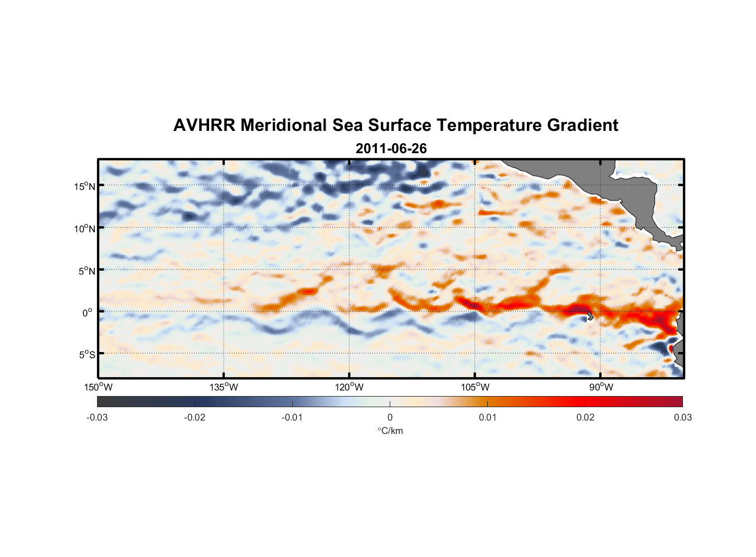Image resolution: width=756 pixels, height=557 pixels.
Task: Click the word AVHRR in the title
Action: (204, 125)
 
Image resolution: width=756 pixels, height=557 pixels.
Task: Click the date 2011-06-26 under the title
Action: (391, 149)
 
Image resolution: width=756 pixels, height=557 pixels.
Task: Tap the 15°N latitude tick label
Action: (85, 186)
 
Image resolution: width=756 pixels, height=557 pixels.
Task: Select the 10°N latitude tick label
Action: (85, 228)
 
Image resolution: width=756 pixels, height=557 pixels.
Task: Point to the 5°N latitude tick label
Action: (87, 271)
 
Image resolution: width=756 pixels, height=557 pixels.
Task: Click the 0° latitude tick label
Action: (88, 312)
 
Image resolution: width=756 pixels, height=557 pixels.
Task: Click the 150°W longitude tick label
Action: (99, 387)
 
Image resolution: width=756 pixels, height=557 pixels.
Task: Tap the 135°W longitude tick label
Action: (224, 387)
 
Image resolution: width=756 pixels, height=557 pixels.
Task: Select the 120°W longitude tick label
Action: (350, 387)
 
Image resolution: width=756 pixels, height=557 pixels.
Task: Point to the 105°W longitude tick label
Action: (475, 387)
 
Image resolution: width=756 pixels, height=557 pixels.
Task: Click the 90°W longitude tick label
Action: (601, 387)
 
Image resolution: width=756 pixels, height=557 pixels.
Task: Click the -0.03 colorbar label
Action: (97, 418)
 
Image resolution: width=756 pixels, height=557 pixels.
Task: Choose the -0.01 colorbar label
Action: (292, 418)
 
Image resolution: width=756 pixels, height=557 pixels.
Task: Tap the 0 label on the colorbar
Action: (390, 418)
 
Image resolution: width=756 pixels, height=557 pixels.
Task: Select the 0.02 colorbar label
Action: (585, 418)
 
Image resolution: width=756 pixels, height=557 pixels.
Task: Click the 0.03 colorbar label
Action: (682, 418)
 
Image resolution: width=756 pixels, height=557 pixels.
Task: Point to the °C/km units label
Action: (390, 431)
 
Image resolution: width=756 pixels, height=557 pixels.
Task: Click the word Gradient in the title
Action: (583, 125)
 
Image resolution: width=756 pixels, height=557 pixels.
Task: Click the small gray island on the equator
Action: (590, 316)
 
